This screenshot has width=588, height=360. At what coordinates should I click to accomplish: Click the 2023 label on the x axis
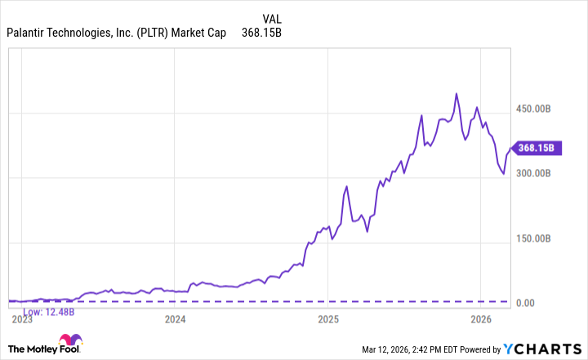pos(22,319)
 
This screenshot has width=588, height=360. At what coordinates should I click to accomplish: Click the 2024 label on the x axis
pos(175,319)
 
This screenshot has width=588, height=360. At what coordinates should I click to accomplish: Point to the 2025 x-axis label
pos(327,319)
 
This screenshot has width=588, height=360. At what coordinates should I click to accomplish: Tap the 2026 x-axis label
pos(480,319)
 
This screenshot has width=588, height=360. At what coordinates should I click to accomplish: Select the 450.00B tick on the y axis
pos(539,109)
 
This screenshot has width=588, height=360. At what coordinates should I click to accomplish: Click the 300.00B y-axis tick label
pos(539,173)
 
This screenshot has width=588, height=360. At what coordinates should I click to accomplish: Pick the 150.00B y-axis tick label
pos(539,238)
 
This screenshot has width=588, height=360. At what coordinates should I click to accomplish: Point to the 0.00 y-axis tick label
pos(532,303)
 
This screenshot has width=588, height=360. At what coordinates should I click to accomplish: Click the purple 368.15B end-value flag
pos(537,148)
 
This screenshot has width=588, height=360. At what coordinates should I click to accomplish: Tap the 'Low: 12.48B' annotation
pos(48,311)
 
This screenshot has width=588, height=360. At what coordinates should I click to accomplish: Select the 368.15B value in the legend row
pos(261,33)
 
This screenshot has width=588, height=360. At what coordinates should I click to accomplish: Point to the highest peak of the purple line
pos(456,93)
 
